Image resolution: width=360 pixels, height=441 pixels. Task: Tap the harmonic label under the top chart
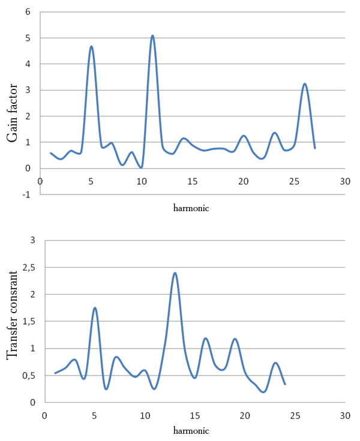point(191,208)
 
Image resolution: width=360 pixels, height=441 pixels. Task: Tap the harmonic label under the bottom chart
point(191,431)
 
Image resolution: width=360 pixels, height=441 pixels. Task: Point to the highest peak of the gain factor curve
point(152,35)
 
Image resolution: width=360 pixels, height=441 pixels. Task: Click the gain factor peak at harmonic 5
point(91,46)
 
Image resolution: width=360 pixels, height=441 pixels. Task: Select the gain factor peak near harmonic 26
point(305,83)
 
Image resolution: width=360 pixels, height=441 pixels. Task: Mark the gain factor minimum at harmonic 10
point(141,167)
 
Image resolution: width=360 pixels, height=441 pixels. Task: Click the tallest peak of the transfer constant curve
point(175,273)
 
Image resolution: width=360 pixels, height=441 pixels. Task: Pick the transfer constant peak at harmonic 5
point(95,308)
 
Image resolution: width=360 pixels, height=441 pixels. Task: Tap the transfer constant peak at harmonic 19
point(235,339)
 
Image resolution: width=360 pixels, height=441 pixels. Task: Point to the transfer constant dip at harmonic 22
point(263,392)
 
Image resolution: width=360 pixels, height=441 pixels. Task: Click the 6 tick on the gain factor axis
point(28,12)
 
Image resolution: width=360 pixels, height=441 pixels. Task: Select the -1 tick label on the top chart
point(26,194)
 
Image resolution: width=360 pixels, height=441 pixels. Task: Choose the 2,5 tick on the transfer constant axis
point(29,268)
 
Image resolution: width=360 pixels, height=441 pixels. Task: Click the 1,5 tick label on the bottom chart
point(29,322)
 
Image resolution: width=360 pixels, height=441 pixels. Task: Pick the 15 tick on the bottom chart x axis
point(194,415)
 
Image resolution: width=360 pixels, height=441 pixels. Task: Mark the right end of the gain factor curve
point(315,148)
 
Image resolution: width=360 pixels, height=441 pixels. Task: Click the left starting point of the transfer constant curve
point(55,373)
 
